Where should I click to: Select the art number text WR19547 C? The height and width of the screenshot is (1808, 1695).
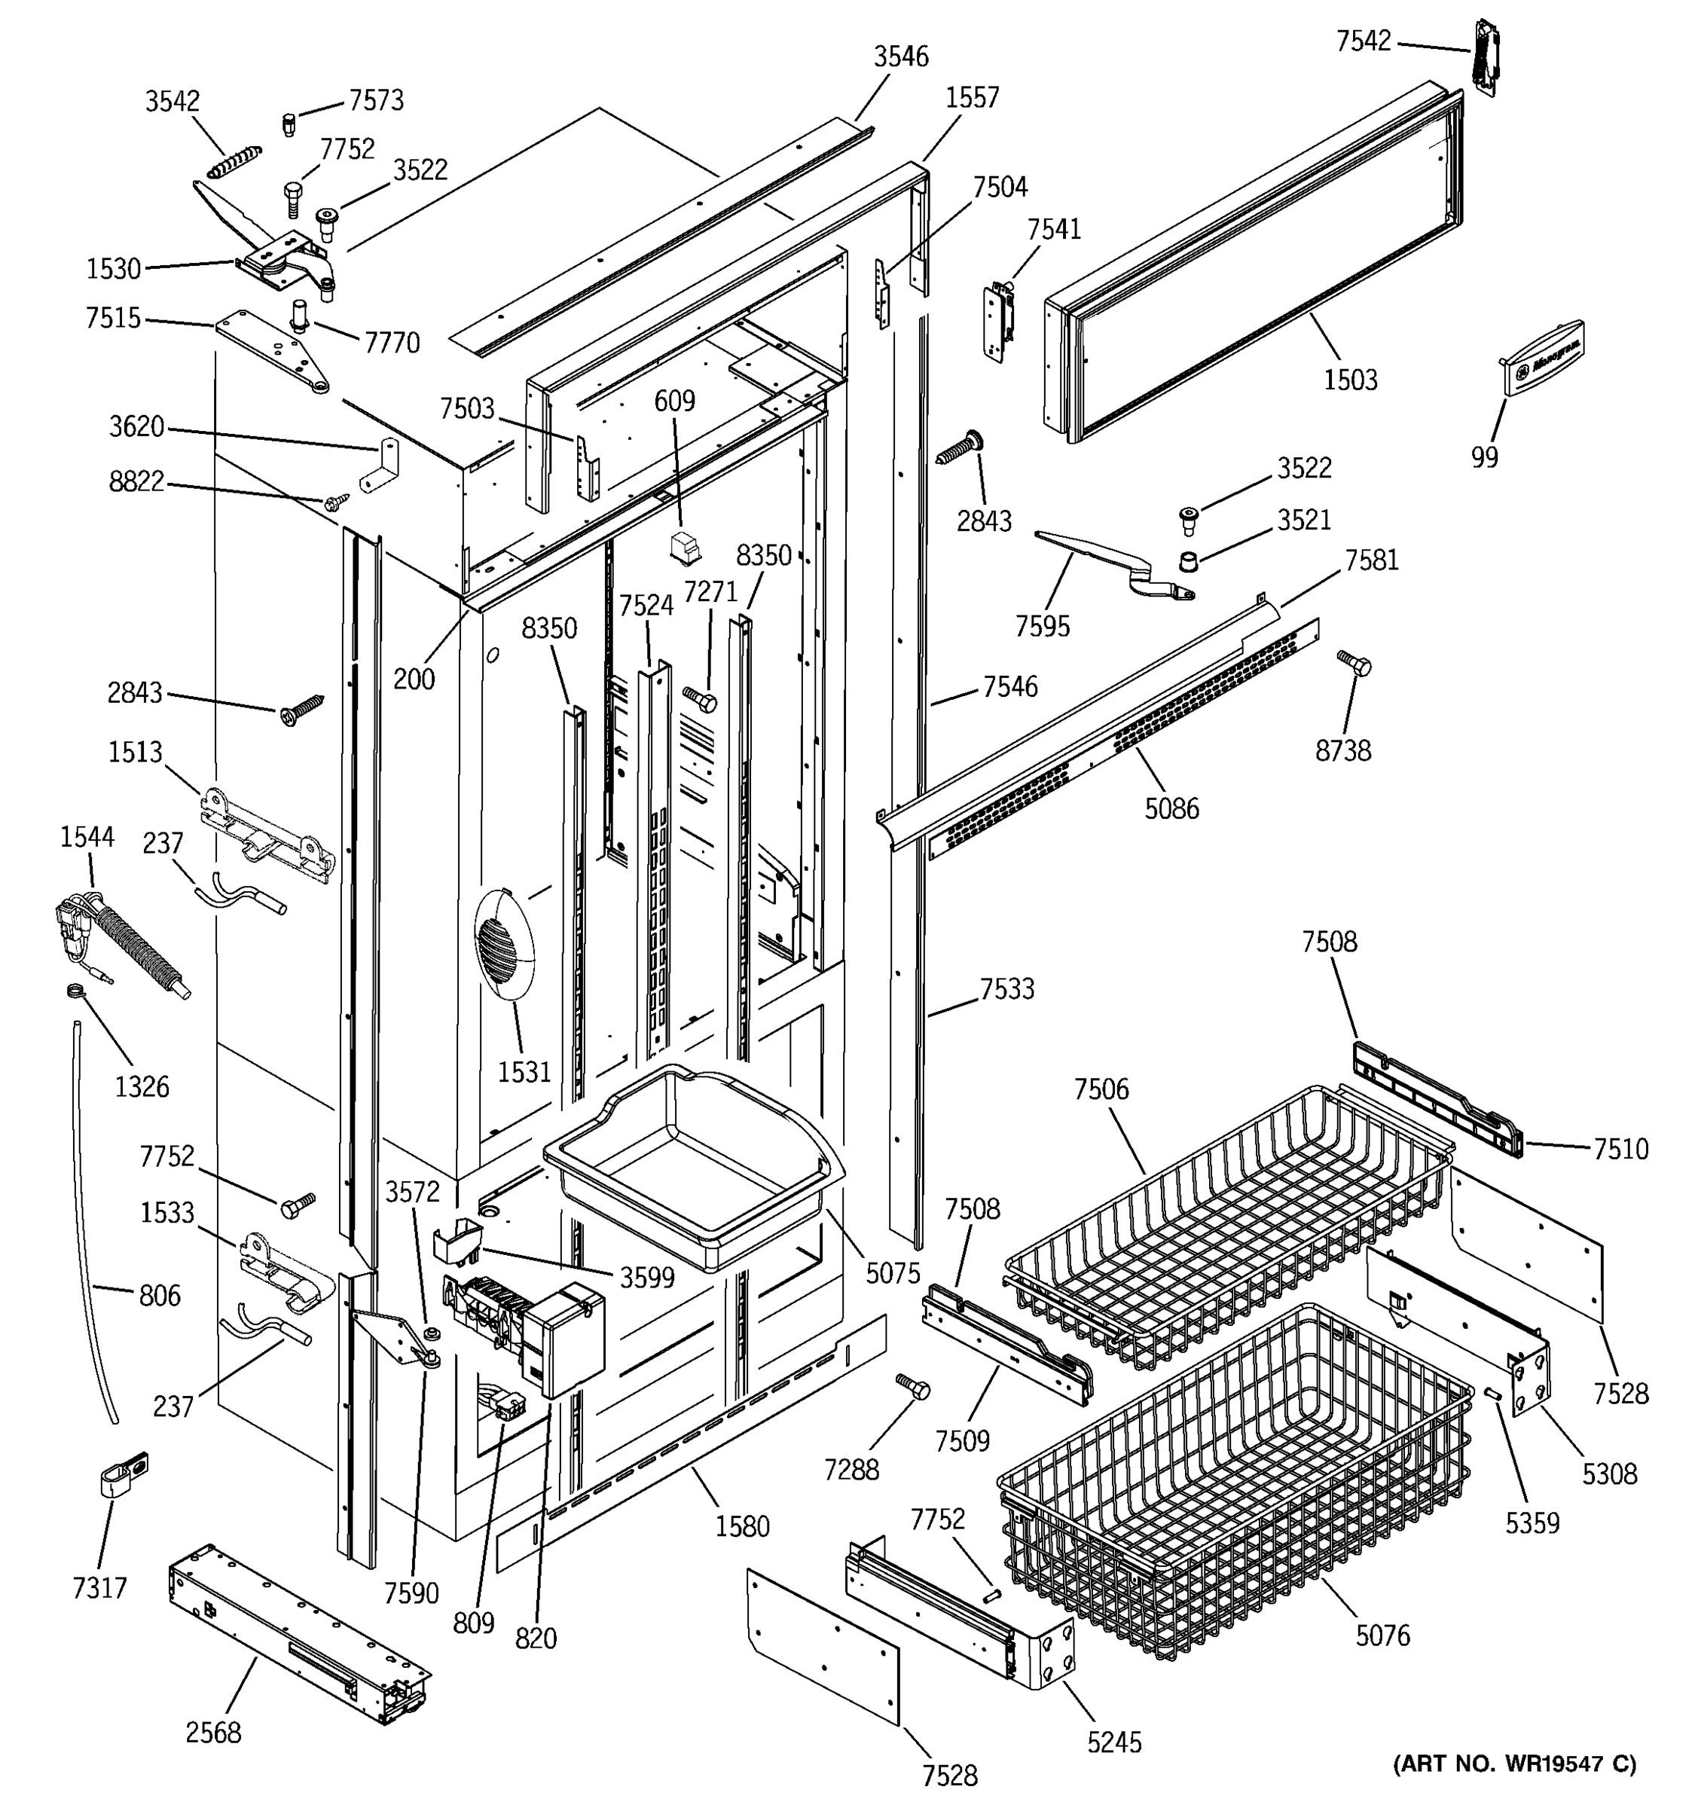[x=1514, y=1764]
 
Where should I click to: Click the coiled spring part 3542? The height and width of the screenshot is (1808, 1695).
[x=234, y=162]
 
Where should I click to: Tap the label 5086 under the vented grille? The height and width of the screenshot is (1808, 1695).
[x=1171, y=808]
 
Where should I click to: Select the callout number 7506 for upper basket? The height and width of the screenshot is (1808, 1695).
[x=1101, y=1089]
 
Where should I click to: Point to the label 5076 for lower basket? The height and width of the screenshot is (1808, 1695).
[x=1382, y=1635]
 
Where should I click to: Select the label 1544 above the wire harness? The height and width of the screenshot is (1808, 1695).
[x=87, y=837]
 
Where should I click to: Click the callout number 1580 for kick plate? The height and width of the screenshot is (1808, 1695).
[x=742, y=1526]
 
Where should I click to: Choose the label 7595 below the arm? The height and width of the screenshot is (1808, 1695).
[x=1042, y=626]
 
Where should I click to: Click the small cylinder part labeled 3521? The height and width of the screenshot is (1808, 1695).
[x=1187, y=560]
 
